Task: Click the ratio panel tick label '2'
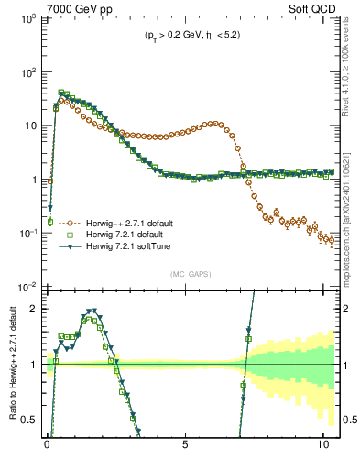point(33,309)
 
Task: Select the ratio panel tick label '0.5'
point(29,420)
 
